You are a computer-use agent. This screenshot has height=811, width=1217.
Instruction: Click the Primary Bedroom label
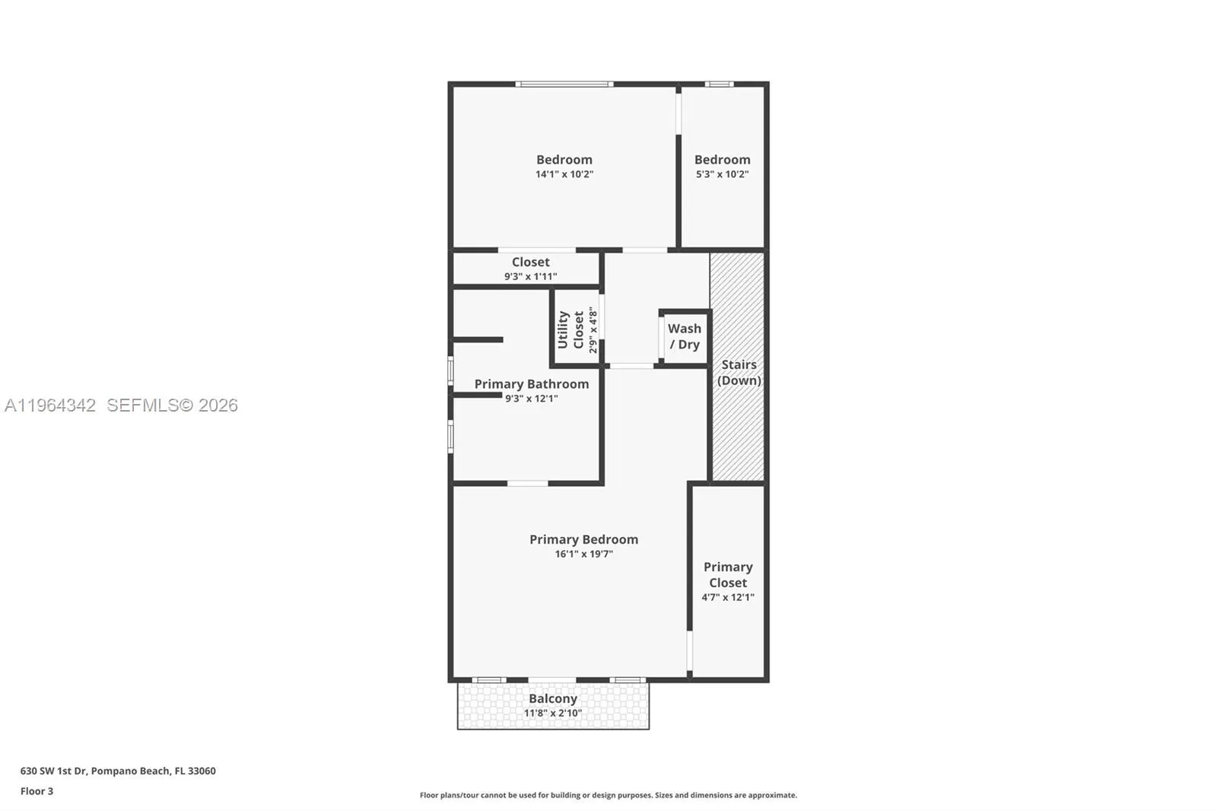pyautogui.click(x=583, y=539)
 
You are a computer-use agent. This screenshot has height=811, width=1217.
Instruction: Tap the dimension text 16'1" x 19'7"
pyautogui.click(x=583, y=554)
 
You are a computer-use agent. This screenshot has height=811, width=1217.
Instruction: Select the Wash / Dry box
pyautogui.click(x=685, y=337)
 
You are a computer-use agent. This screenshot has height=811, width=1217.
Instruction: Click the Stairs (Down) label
pyautogui.click(x=739, y=373)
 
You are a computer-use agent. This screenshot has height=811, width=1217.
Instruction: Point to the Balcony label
pyautogui.click(x=553, y=698)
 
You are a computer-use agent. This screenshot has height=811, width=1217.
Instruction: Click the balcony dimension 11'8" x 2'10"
pyautogui.click(x=553, y=713)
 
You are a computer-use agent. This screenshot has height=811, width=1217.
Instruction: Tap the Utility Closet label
pyautogui.click(x=570, y=329)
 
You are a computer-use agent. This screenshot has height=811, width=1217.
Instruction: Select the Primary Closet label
pyautogui.click(x=728, y=575)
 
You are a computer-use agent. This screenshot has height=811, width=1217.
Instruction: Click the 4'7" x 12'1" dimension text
pyautogui.click(x=728, y=597)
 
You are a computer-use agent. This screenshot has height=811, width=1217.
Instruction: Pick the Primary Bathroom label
pyautogui.click(x=531, y=384)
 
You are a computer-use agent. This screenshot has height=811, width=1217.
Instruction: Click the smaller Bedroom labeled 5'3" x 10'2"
pyautogui.click(x=722, y=160)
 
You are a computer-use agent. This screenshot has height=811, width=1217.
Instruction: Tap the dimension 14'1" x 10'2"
pyautogui.click(x=564, y=174)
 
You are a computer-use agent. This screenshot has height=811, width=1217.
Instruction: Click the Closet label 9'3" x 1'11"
pyautogui.click(x=530, y=262)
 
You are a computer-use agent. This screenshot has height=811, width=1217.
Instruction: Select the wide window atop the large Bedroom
pyautogui.click(x=564, y=84)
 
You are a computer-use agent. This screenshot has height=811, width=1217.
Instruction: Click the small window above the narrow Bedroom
pyautogui.click(x=719, y=84)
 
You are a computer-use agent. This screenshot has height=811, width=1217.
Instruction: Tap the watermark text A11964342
pyautogui.click(x=50, y=405)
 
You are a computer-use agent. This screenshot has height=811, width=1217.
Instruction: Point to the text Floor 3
pyautogui.click(x=37, y=791)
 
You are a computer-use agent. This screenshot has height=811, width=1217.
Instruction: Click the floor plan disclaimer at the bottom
pyautogui.click(x=608, y=795)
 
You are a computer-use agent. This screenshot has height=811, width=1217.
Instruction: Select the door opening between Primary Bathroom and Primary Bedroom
pyautogui.click(x=527, y=483)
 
